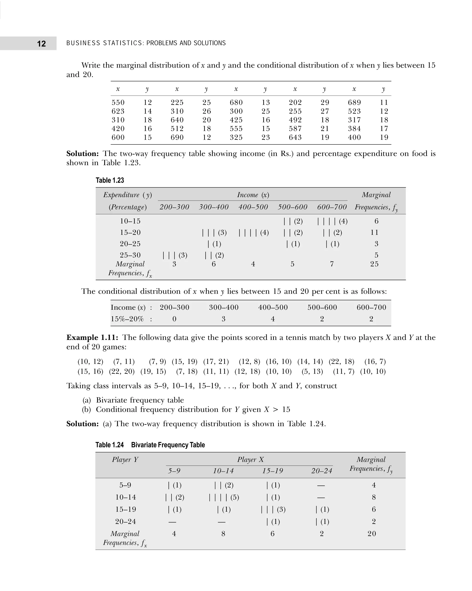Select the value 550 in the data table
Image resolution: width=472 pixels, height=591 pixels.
(x=118, y=102)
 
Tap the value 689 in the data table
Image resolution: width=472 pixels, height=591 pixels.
(x=354, y=102)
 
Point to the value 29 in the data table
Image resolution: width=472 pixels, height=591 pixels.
(x=325, y=102)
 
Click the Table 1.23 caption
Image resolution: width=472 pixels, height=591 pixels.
(x=110, y=180)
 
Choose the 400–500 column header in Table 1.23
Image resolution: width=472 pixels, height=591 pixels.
(x=253, y=207)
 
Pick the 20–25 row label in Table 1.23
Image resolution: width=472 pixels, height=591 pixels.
(x=130, y=244)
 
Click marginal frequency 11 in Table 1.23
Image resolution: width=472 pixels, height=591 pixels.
(x=374, y=232)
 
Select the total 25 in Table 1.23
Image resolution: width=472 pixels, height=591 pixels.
(x=374, y=264)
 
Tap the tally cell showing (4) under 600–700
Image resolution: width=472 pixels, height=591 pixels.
(x=332, y=221)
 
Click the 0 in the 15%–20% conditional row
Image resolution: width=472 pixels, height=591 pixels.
(x=174, y=319)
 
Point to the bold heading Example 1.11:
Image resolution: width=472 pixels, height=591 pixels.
(x=92, y=337)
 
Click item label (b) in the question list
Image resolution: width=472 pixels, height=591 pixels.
(x=86, y=410)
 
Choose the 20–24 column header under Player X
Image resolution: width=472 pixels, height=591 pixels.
(x=322, y=471)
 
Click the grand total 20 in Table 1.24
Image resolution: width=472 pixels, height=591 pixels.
(x=372, y=534)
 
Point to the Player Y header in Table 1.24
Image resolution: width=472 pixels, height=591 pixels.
(x=125, y=460)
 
